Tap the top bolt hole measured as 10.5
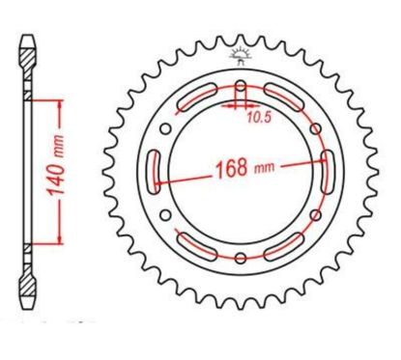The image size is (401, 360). tap(240, 95)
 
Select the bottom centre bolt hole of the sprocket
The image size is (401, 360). tap(240, 257)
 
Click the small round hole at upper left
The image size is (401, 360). tap(166, 128)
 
